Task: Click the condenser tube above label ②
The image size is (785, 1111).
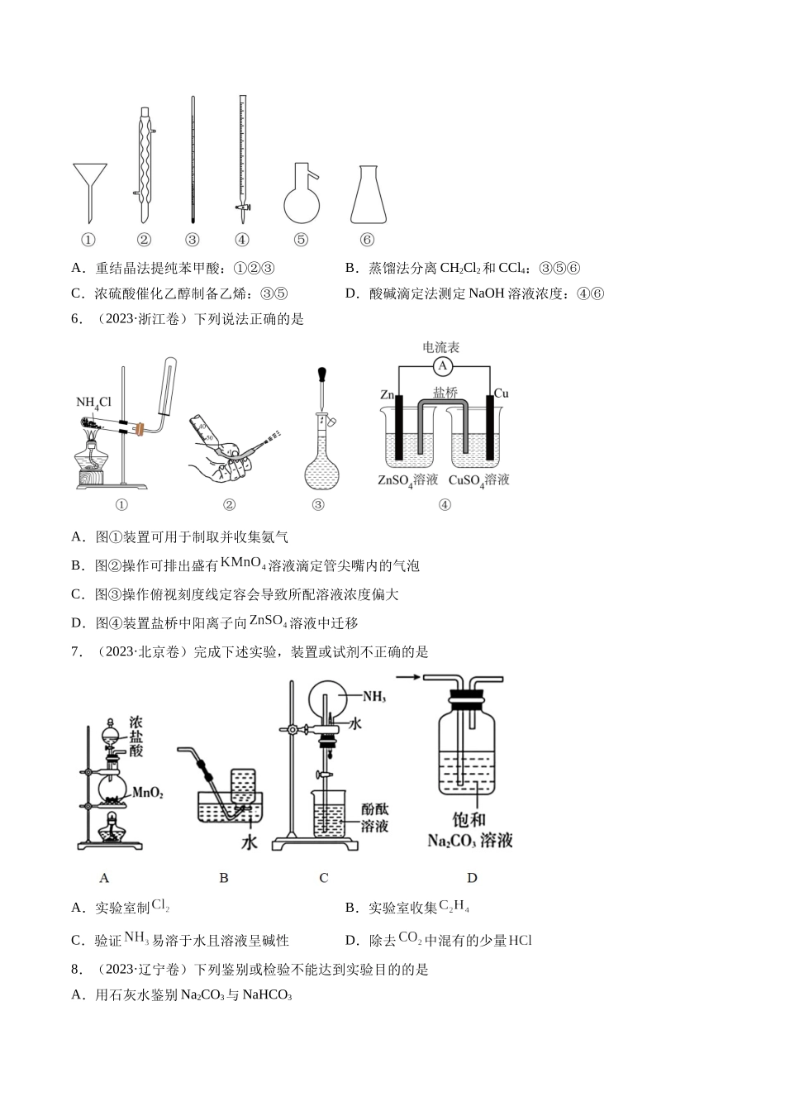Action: coord(145,161)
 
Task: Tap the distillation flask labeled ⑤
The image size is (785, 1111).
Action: coord(301,198)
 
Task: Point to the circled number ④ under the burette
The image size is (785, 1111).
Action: coord(242,240)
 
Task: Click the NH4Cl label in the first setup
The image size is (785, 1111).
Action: coord(93,403)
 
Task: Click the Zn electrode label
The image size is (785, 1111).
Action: coord(388,394)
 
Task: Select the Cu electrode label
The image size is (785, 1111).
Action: coord(501,393)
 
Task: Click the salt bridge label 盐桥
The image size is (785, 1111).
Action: coord(445,393)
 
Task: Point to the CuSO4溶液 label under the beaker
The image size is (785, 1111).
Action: coord(479,480)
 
